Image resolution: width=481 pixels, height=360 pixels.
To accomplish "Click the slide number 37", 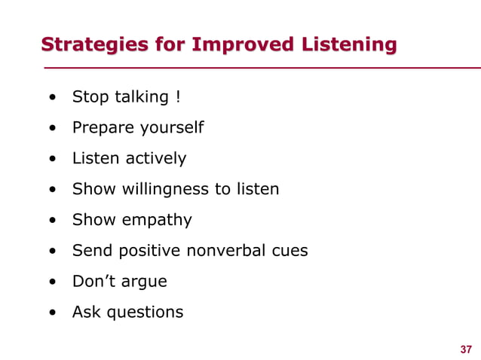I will [466, 349].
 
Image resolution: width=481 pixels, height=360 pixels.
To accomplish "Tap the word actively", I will [156, 159].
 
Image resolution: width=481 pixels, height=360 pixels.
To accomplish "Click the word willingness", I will [160, 189].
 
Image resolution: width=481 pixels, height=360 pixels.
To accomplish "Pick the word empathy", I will [156, 220].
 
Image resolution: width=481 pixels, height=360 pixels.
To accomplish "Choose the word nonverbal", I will [228, 251].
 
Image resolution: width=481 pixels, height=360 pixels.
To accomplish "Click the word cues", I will [290, 251].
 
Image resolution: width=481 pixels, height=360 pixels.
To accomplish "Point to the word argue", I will [144, 282].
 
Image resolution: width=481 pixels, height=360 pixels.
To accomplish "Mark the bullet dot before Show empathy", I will [51, 221].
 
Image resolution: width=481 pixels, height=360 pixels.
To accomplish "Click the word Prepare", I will [100, 128].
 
